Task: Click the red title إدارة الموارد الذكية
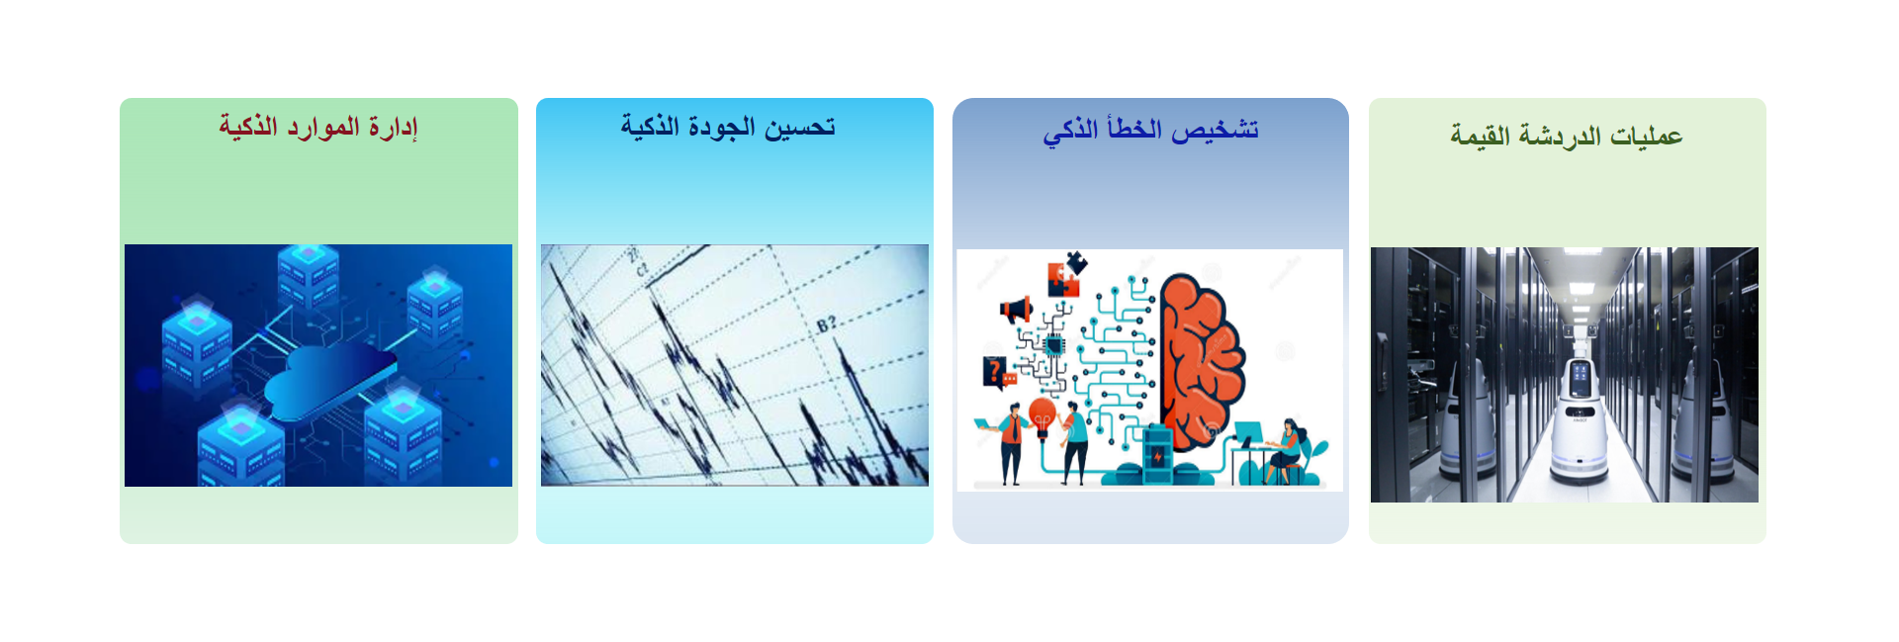[x=318, y=128]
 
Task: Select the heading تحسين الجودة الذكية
[x=728, y=127]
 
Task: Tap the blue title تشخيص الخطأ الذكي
[x=1150, y=131]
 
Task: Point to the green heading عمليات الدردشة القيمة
[x=1567, y=136]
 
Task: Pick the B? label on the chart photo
[x=827, y=323]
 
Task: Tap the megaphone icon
[x=1016, y=310]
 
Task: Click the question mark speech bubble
[x=997, y=372]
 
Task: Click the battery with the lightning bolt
[x=1157, y=454]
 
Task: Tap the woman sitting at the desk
[x=1286, y=451]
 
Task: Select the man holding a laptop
[x=1008, y=442]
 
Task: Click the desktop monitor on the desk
[x=1248, y=433]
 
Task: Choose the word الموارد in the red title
[x=323, y=128]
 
